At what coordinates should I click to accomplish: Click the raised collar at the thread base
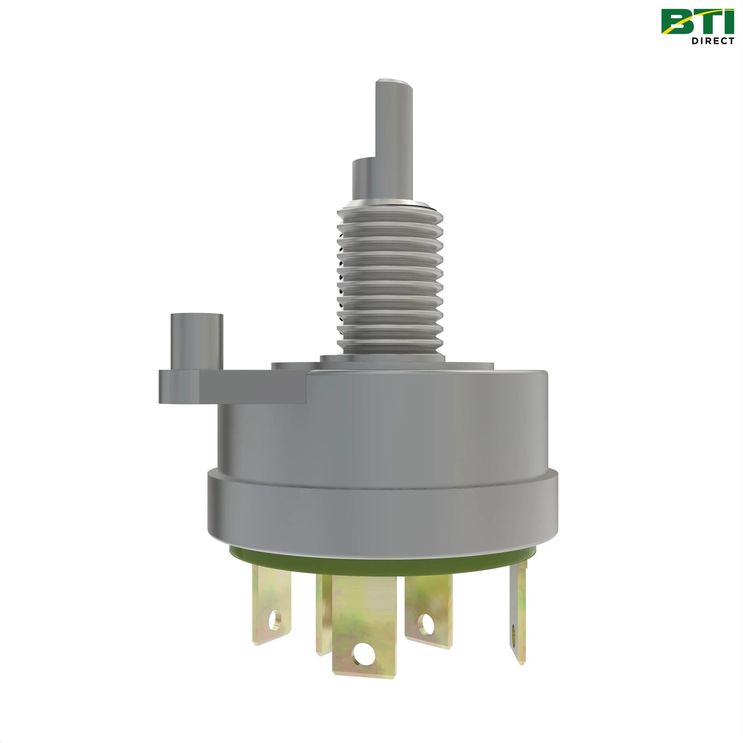(383, 358)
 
